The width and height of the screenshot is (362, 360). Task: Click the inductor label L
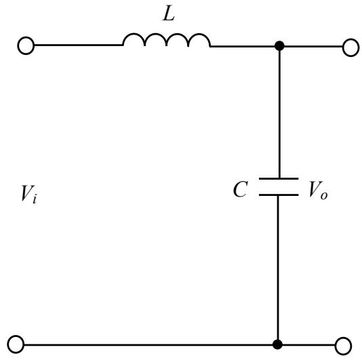point(169,15)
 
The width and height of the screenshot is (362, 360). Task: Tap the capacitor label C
point(241,189)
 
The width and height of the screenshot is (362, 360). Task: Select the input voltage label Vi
point(28,195)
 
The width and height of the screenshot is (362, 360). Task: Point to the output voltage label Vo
point(318,191)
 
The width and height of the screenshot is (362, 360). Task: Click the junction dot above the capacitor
point(279,45)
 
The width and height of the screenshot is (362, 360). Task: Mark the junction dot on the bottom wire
point(277,344)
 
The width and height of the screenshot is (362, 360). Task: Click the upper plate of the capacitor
point(279,178)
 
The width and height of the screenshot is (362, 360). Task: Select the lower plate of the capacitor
point(279,195)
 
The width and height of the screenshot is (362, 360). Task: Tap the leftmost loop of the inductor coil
point(134,34)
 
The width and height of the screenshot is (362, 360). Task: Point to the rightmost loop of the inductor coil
point(199,34)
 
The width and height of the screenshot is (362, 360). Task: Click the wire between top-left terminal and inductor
point(78,45)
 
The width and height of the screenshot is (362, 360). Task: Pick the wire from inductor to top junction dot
point(243,46)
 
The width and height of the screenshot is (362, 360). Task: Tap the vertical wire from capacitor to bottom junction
point(278,268)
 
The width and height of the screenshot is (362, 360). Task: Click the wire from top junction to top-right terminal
point(313,46)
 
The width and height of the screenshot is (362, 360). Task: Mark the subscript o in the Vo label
point(324,195)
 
